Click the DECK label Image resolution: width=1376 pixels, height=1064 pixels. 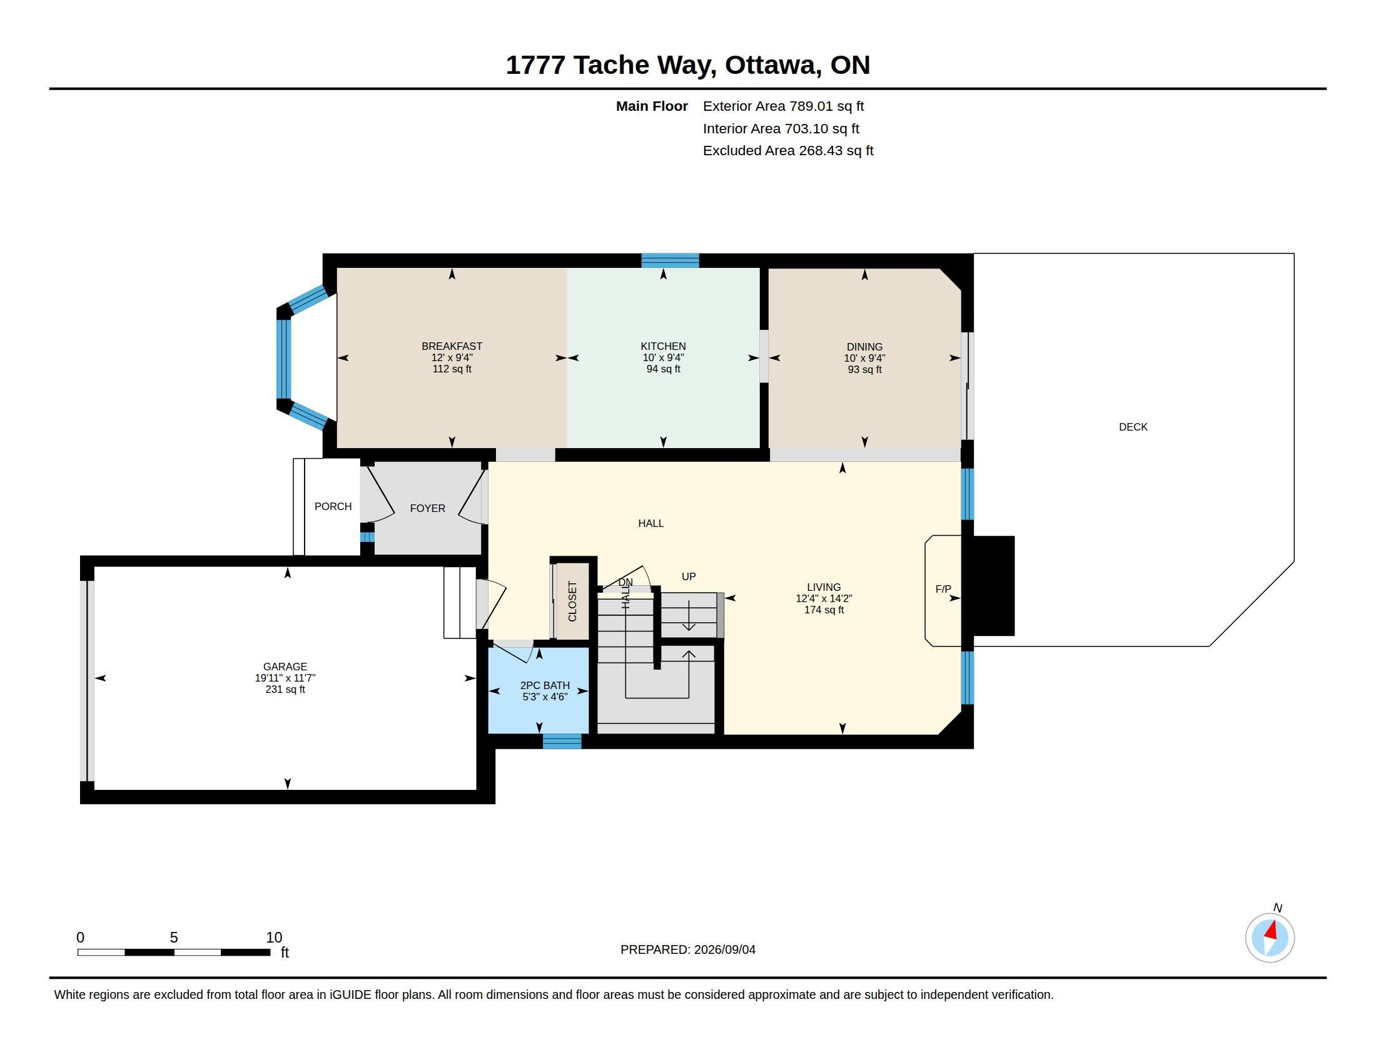(x=1133, y=427)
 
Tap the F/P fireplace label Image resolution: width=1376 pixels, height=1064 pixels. (x=943, y=590)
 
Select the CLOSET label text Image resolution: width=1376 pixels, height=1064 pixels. (x=572, y=601)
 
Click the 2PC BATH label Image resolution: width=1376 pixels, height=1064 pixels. (x=544, y=685)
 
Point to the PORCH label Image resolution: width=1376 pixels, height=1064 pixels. (x=333, y=506)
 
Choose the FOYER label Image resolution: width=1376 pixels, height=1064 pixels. (x=427, y=508)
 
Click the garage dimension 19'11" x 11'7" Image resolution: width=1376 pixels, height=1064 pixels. (x=285, y=678)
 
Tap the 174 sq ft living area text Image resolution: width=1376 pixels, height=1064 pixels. (x=824, y=610)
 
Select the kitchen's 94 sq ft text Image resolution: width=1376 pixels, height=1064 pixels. (x=663, y=369)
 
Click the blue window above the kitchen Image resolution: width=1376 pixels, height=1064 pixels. (x=670, y=260)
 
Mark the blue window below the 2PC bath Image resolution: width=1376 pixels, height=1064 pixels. (x=562, y=741)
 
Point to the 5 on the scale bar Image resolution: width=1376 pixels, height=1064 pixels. (x=174, y=938)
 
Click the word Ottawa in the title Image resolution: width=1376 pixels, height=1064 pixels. (x=773, y=65)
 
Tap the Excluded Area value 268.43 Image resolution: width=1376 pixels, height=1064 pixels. (x=821, y=151)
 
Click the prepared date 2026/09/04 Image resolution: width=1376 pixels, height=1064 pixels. (x=724, y=949)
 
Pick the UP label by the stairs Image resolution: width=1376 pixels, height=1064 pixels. (x=689, y=576)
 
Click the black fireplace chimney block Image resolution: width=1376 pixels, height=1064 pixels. (x=994, y=586)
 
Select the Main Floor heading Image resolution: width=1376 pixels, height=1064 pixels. (x=652, y=106)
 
